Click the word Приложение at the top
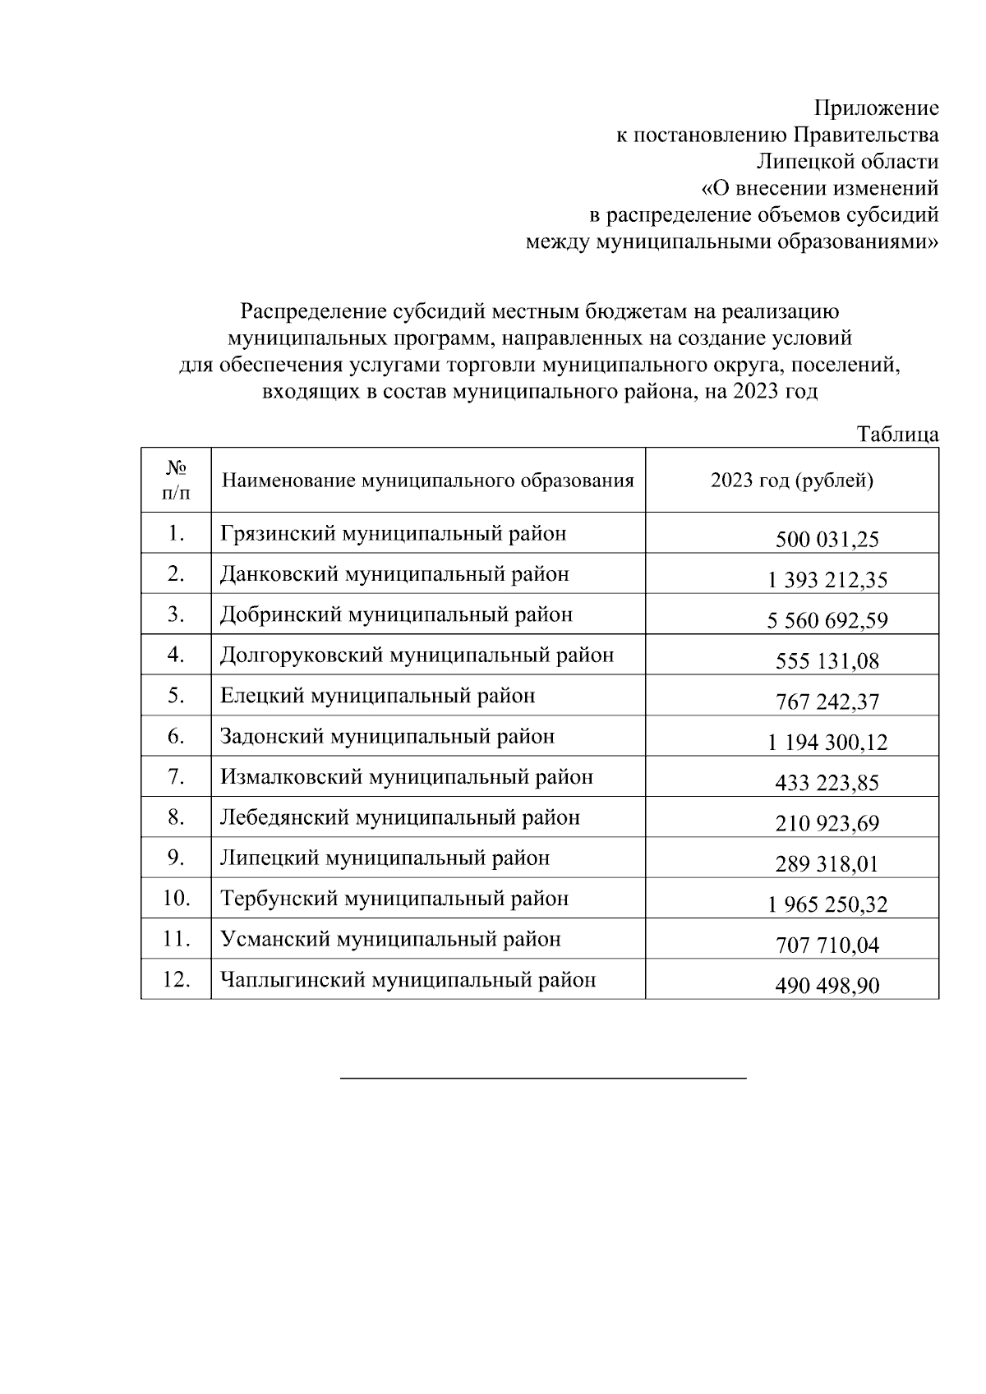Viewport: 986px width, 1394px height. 876,108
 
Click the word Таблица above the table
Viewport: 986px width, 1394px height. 897,435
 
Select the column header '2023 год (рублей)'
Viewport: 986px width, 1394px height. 791,481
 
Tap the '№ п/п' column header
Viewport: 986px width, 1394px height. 176,481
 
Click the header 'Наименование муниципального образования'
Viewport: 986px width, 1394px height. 428,481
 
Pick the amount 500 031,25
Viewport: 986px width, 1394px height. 827,540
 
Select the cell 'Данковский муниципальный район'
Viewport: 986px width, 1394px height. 394,574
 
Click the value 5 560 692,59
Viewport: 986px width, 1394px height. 827,621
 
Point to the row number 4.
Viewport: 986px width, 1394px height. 176,656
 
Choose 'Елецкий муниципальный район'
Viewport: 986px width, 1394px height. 377,696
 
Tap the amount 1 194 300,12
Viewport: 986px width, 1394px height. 827,743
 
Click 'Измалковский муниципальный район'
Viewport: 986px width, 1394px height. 406,777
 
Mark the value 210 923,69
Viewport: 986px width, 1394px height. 827,823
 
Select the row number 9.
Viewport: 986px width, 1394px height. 176,858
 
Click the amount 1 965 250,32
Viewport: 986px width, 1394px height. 827,904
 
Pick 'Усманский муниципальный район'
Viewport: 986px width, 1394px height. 390,939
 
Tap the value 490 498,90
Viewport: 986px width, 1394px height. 827,986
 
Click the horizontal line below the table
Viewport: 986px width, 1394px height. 543,1077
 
